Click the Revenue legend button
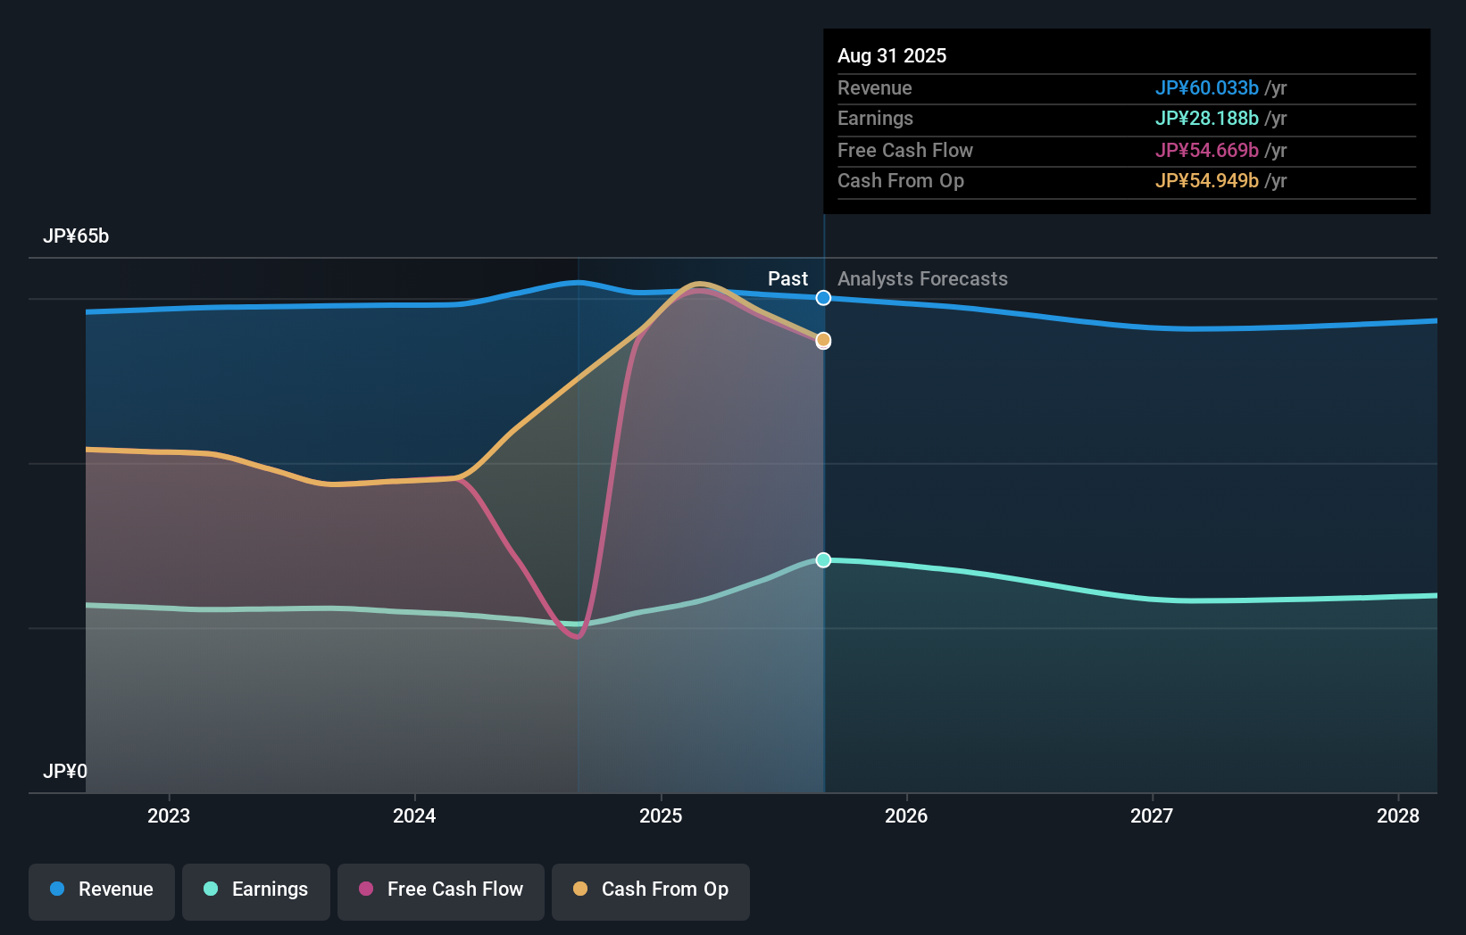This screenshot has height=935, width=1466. click(102, 890)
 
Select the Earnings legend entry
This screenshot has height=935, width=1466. click(256, 890)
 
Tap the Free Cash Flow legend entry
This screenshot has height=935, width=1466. click(441, 890)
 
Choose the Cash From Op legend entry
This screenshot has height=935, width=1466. click(651, 890)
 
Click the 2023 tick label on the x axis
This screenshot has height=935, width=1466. click(169, 816)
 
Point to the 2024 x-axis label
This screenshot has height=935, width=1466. click(414, 816)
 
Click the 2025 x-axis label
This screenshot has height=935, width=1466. click(661, 816)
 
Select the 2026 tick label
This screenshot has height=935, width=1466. click(906, 816)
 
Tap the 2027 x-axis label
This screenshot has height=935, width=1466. click(1152, 816)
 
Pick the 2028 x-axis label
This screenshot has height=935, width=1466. click(1398, 816)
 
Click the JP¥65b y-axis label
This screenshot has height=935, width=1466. click(76, 236)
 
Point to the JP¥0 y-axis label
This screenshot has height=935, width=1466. click(65, 772)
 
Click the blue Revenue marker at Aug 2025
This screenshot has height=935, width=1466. click(823, 298)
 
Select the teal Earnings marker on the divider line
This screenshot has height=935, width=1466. click(823, 560)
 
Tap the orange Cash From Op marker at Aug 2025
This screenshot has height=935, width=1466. click(823, 340)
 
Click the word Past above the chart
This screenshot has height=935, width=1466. click(787, 279)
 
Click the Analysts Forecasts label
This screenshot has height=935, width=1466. click(922, 279)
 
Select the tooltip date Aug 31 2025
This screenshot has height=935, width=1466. click(892, 56)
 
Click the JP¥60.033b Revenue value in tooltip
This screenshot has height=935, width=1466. click(1206, 88)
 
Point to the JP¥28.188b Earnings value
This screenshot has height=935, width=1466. click(1206, 119)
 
